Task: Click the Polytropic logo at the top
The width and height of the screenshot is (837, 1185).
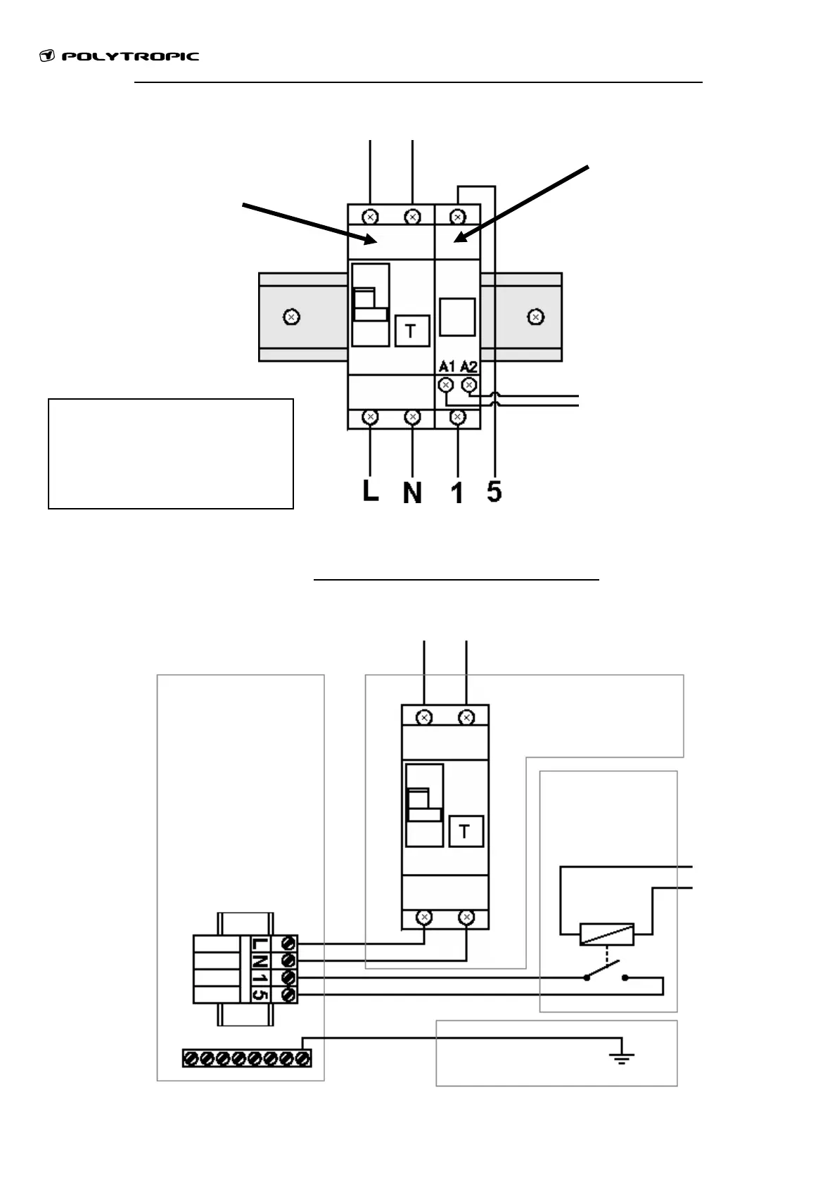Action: (x=120, y=56)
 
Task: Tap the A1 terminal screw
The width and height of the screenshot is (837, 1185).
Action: (x=445, y=385)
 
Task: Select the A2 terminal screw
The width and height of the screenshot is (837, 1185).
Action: (x=468, y=385)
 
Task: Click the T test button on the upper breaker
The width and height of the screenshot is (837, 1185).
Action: (x=411, y=330)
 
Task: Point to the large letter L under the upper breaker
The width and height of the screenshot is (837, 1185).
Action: (x=370, y=490)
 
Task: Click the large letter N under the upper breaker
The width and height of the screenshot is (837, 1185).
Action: (x=412, y=492)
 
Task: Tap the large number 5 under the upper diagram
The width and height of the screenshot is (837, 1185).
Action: (x=494, y=491)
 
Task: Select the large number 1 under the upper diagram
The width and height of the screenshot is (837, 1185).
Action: (x=457, y=493)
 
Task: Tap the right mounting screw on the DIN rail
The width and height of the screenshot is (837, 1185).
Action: (x=536, y=317)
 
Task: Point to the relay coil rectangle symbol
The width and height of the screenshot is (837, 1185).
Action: (x=606, y=934)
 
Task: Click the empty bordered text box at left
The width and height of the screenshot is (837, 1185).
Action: (x=170, y=453)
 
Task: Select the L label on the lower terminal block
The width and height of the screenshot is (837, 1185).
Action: (x=259, y=944)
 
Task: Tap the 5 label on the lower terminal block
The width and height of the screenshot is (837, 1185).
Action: (x=259, y=994)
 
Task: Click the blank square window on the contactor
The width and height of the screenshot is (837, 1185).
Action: (x=457, y=317)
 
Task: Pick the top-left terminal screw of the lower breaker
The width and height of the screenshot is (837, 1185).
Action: (x=424, y=718)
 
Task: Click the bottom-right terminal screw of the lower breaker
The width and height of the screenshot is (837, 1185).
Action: (x=466, y=918)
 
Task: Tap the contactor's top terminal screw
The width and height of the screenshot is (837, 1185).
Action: (x=458, y=215)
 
